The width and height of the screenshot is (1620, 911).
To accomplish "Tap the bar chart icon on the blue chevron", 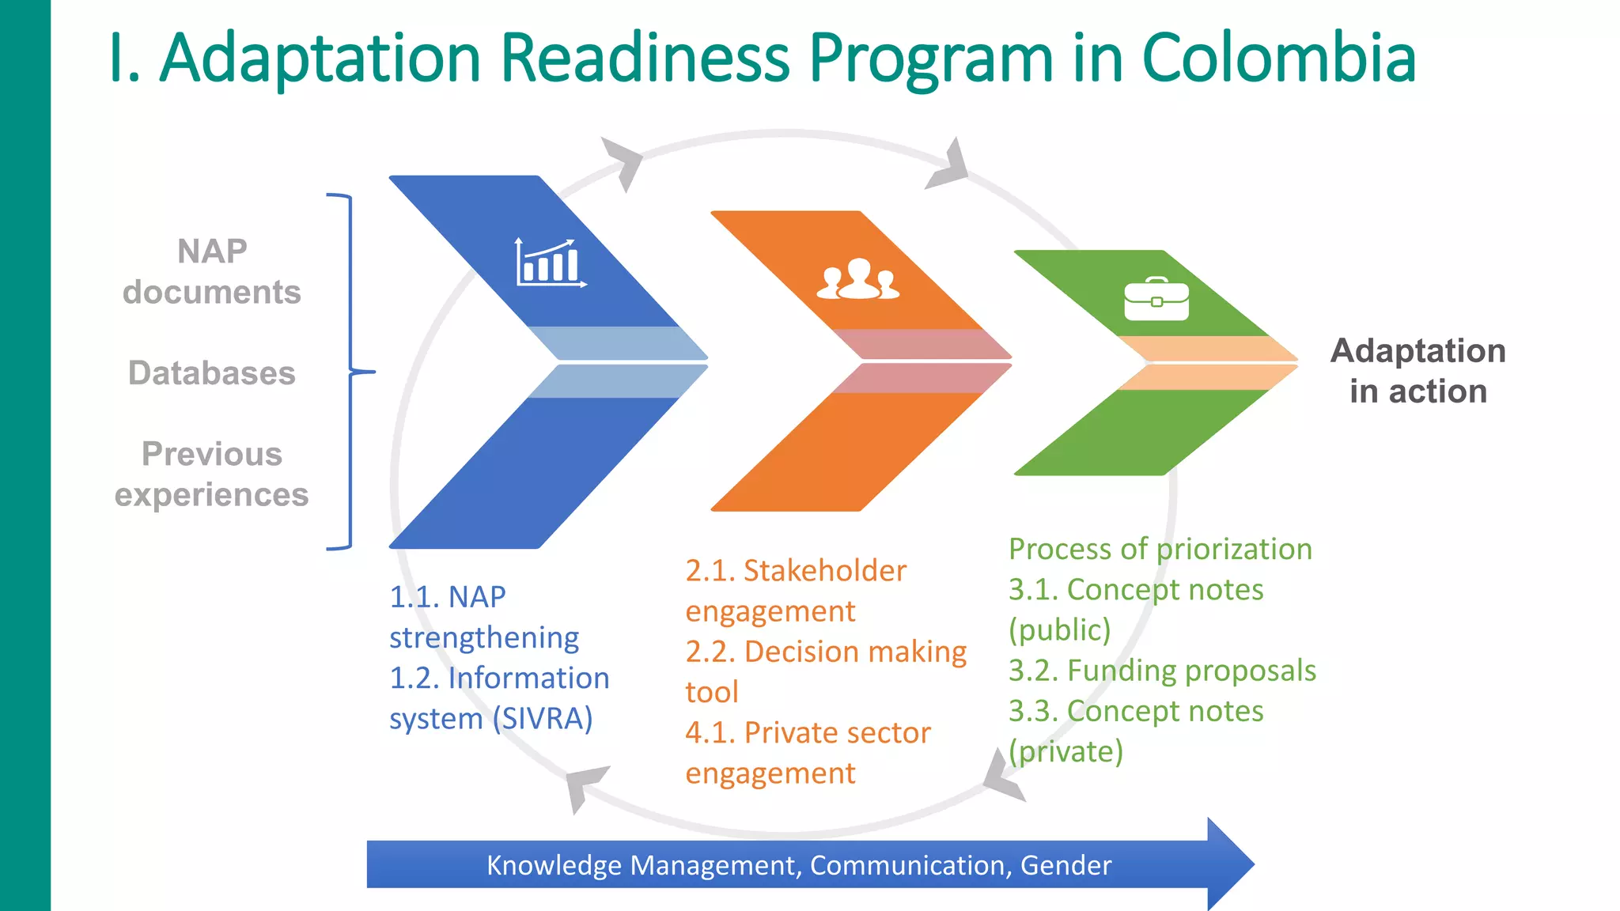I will (551, 263).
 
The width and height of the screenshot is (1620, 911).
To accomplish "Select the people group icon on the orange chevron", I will (858, 279).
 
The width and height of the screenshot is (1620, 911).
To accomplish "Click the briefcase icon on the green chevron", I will (1156, 300).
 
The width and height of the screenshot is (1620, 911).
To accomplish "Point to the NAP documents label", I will (212, 271).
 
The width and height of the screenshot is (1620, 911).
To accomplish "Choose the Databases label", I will (212, 372).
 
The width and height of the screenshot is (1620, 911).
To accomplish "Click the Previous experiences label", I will (212, 474).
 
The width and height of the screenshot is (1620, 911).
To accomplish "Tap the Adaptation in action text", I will (1417, 370).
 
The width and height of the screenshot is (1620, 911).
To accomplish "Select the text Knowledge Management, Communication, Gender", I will (799, 865).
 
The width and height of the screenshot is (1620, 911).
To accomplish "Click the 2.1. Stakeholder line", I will (796, 571).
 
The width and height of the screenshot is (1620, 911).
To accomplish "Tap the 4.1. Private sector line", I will (808, 733).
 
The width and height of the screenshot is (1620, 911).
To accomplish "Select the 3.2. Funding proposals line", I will (1162, 671).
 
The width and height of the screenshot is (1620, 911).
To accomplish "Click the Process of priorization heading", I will (1160, 549).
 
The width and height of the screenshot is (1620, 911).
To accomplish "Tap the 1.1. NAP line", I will (448, 597).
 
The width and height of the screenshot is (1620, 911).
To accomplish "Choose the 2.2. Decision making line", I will (826, 652).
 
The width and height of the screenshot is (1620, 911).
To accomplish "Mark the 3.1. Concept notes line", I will (1136, 590).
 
